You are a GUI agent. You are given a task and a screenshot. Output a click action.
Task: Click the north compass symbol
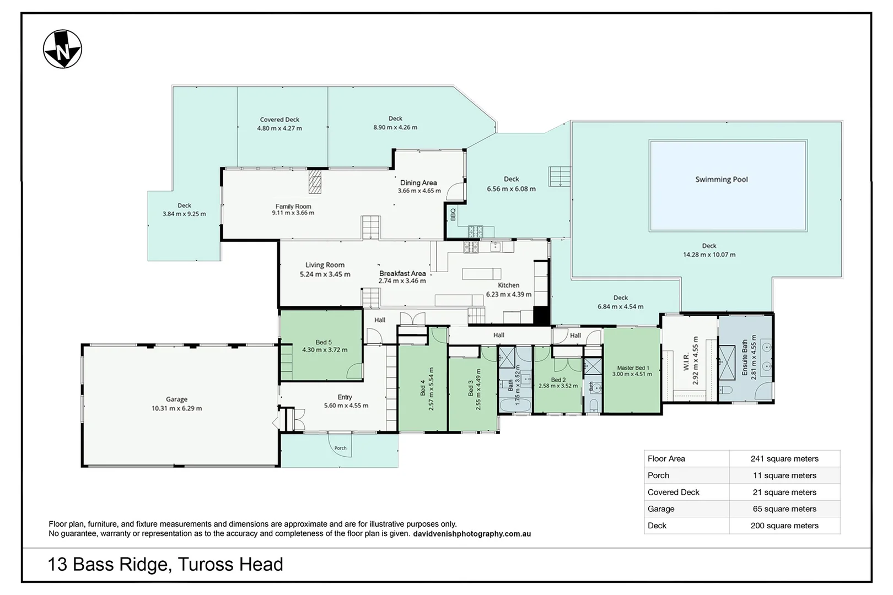[63, 49]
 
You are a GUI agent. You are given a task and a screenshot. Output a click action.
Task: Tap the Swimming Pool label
[722, 180]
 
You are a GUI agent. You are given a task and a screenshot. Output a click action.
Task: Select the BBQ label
[453, 214]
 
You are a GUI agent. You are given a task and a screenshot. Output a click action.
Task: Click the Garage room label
[176, 399]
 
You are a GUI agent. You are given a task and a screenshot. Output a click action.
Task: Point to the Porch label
[341, 448]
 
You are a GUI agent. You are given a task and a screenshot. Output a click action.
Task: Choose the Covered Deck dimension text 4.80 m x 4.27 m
[279, 128]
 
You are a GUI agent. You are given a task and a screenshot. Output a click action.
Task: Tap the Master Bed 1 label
[633, 368]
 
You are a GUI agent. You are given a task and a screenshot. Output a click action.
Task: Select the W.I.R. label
[686, 361]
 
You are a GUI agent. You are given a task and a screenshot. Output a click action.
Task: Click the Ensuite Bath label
[745, 358]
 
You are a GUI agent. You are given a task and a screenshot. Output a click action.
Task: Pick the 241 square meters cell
[784, 459]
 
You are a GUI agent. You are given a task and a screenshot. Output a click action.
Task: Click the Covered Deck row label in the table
[674, 492]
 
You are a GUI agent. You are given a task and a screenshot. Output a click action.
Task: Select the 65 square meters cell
[784, 509]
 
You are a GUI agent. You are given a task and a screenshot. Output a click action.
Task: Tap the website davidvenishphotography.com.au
[472, 534]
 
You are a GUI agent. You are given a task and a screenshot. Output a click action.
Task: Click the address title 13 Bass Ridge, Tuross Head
[165, 564]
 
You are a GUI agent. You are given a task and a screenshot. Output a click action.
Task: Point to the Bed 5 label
[324, 342]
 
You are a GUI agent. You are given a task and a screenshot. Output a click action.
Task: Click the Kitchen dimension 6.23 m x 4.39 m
[509, 295]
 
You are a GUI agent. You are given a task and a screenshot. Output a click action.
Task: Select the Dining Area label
[418, 183]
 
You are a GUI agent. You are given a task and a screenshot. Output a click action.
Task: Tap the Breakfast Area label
[402, 273]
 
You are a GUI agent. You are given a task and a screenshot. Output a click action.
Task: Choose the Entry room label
[345, 397]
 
